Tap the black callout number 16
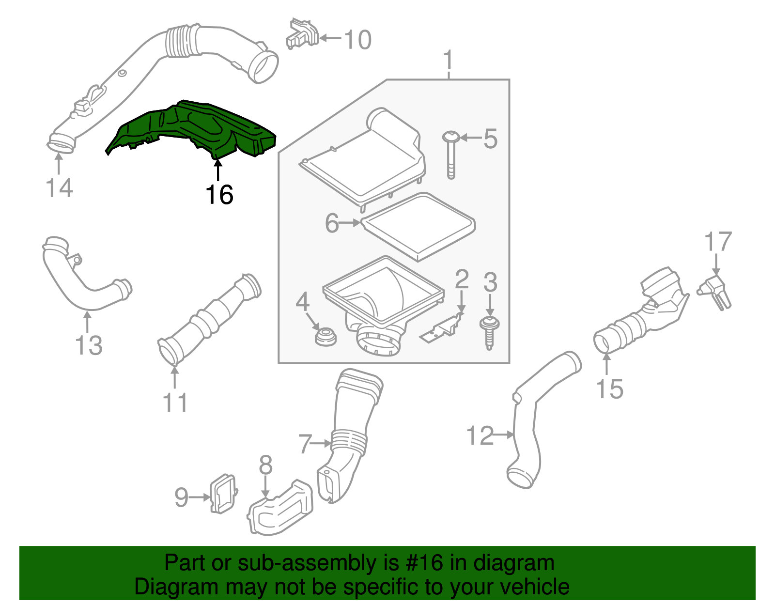(x=219, y=195)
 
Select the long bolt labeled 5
(x=451, y=155)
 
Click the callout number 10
(x=358, y=40)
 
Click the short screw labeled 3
(x=489, y=332)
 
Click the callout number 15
(x=609, y=389)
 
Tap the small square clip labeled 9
(x=222, y=493)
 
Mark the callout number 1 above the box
(x=449, y=60)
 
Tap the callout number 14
(x=59, y=188)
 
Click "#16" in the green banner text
(x=421, y=563)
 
